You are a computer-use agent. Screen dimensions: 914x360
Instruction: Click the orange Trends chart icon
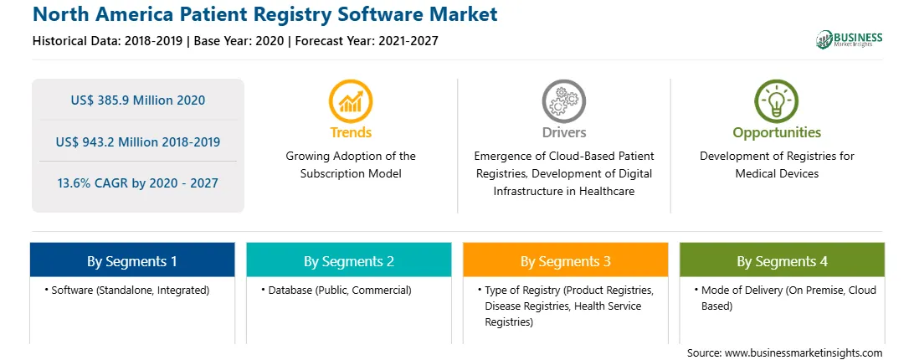pos(351,101)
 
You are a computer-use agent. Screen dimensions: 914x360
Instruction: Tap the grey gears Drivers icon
pos(563,101)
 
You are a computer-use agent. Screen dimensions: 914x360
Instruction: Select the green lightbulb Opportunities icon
pos(777,101)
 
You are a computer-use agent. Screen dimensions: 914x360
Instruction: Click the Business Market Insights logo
pos(850,39)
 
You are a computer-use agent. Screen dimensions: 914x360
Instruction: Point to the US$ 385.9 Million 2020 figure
pos(138,100)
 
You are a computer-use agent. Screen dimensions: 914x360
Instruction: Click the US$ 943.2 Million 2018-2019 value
pos(138,141)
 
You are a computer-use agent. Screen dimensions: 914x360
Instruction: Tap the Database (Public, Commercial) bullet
pos(336,290)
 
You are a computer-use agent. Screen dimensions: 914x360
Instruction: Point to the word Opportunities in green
pos(777,132)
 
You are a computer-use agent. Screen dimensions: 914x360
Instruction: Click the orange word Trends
pos(351,132)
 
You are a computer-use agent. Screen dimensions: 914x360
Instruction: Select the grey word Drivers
pos(564,132)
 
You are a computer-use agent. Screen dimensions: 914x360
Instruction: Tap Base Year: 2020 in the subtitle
pos(239,41)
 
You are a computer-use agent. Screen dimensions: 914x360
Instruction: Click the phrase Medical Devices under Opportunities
pos(777,173)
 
